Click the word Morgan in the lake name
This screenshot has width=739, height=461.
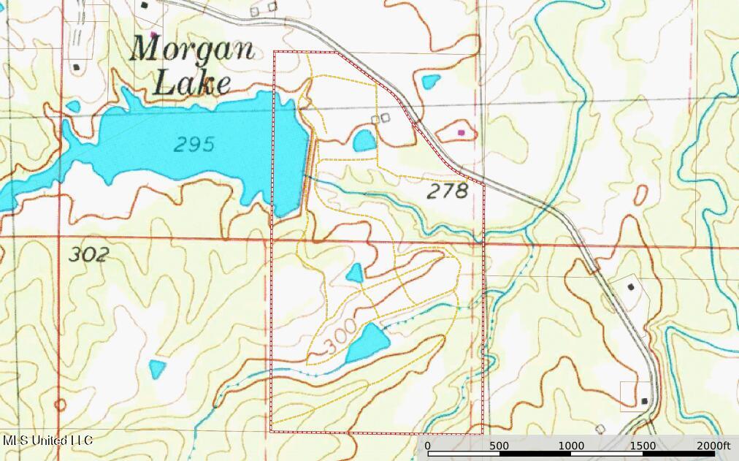click(x=192, y=50)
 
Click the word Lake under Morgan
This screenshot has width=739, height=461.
click(x=191, y=84)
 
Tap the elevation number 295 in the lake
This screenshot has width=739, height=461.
click(x=194, y=145)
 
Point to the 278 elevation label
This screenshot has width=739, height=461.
click(x=446, y=192)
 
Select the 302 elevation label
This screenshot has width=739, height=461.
click(x=88, y=255)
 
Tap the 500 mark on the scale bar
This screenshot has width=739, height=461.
click(x=499, y=446)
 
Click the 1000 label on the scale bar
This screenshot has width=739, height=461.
click(x=571, y=446)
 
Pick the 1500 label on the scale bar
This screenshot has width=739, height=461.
click(x=643, y=446)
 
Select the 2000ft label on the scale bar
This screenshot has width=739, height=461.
click(x=713, y=446)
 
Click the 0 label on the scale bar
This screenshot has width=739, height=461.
click(x=427, y=446)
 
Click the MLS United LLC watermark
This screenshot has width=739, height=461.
click(x=47, y=441)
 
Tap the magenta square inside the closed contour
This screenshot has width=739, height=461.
click(x=461, y=132)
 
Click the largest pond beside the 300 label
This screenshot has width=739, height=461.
click(x=367, y=342)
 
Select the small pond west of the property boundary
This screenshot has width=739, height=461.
click(x=157, y=368)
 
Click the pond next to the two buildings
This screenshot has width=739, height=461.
click(x=364, y=140)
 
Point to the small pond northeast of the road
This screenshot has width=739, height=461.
click(x=431, y=82)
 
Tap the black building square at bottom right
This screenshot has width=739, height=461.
click(x=643, y=401)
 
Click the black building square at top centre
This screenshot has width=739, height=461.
click(x=145, y=5)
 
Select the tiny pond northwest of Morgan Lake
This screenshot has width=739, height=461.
click(x=73, y=107)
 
